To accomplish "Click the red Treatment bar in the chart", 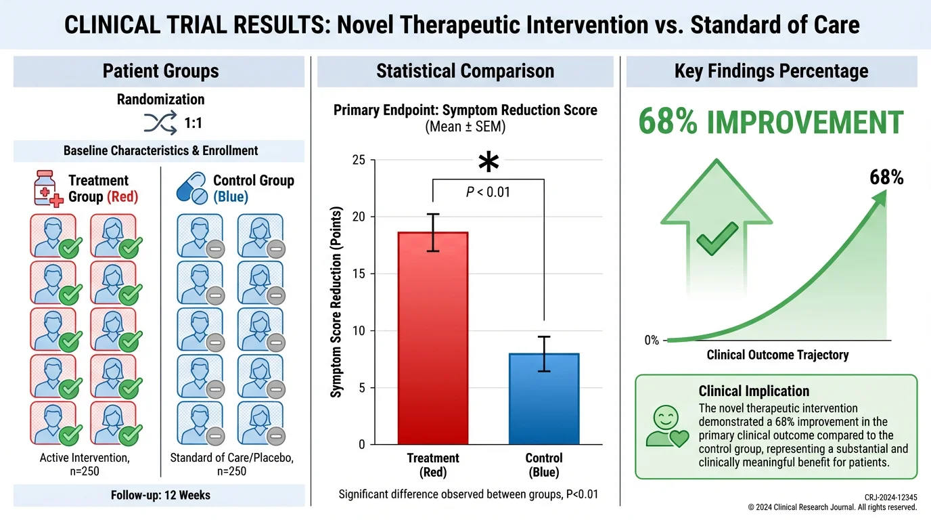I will coord(432,339).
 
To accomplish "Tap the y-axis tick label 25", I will coord(358,160).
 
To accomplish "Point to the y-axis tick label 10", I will coord(358,331).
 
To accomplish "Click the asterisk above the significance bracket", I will coord(488,163).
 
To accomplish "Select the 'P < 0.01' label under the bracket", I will coord(488,192).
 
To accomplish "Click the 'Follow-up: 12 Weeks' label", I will coord(160,495).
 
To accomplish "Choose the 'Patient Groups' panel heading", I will coord(160,71).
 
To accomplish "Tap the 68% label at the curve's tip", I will coord(886,177).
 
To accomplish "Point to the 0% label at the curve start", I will coord(651,341).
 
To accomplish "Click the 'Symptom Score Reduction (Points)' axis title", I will coord(336,302).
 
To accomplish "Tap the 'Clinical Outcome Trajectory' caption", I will coord(777,355).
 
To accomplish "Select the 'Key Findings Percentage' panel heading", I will coord(771,71).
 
